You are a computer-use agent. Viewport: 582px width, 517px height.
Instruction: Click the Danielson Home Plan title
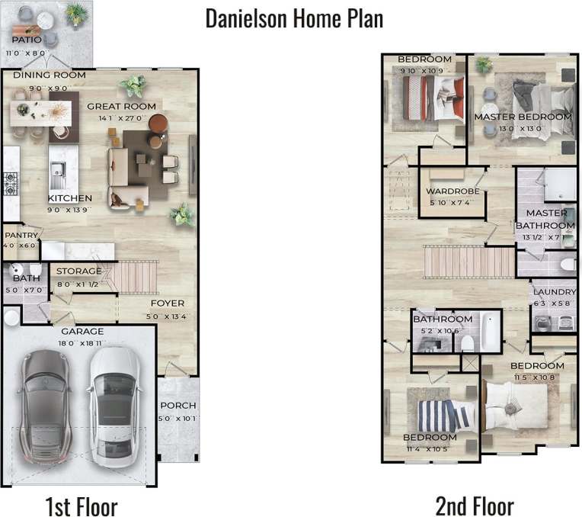pos(294,18)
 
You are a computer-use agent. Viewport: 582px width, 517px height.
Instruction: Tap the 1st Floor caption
pos(81,505)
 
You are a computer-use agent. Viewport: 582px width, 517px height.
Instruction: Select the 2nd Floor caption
pos(474,505)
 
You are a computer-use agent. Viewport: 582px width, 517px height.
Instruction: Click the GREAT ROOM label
pos(121,107)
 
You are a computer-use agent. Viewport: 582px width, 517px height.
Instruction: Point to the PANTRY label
pos(21,236)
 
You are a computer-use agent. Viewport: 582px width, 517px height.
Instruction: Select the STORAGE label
pos(78,271)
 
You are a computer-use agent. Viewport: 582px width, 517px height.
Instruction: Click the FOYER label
pos(168,303)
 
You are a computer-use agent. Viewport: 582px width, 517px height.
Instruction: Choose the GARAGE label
pos(82,332)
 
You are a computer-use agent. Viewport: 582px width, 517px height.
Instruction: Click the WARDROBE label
pos(452,191)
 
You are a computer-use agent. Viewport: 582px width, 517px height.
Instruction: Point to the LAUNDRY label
pos(554,292)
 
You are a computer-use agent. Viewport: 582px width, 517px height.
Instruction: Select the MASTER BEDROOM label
pos(523,117)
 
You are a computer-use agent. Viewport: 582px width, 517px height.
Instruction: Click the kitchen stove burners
pos(11,184)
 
